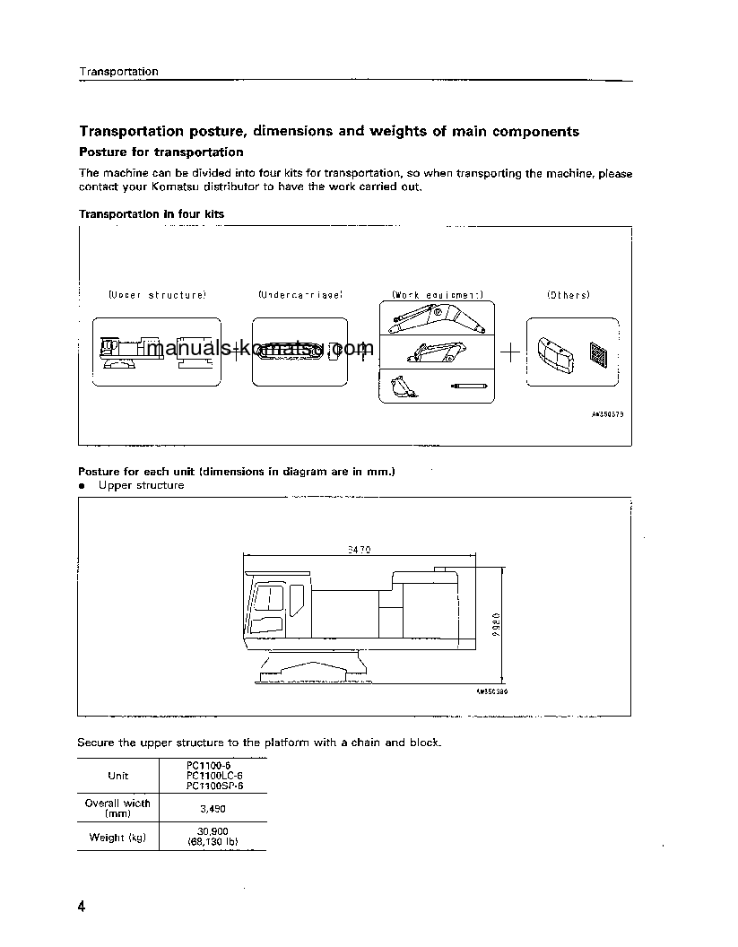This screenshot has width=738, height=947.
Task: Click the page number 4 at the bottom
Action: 82,908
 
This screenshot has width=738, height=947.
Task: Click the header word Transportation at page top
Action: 118,72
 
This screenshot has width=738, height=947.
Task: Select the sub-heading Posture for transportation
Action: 161,152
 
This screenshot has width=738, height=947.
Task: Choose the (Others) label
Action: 569,295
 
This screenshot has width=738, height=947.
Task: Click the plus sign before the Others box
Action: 509,352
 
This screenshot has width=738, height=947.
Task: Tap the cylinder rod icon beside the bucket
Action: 468,386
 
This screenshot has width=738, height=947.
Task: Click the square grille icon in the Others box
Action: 598,352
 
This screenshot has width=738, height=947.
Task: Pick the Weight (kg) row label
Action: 117,838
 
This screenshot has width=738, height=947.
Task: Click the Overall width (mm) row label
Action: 117,808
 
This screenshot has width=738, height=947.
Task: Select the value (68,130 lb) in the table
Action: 213,844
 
